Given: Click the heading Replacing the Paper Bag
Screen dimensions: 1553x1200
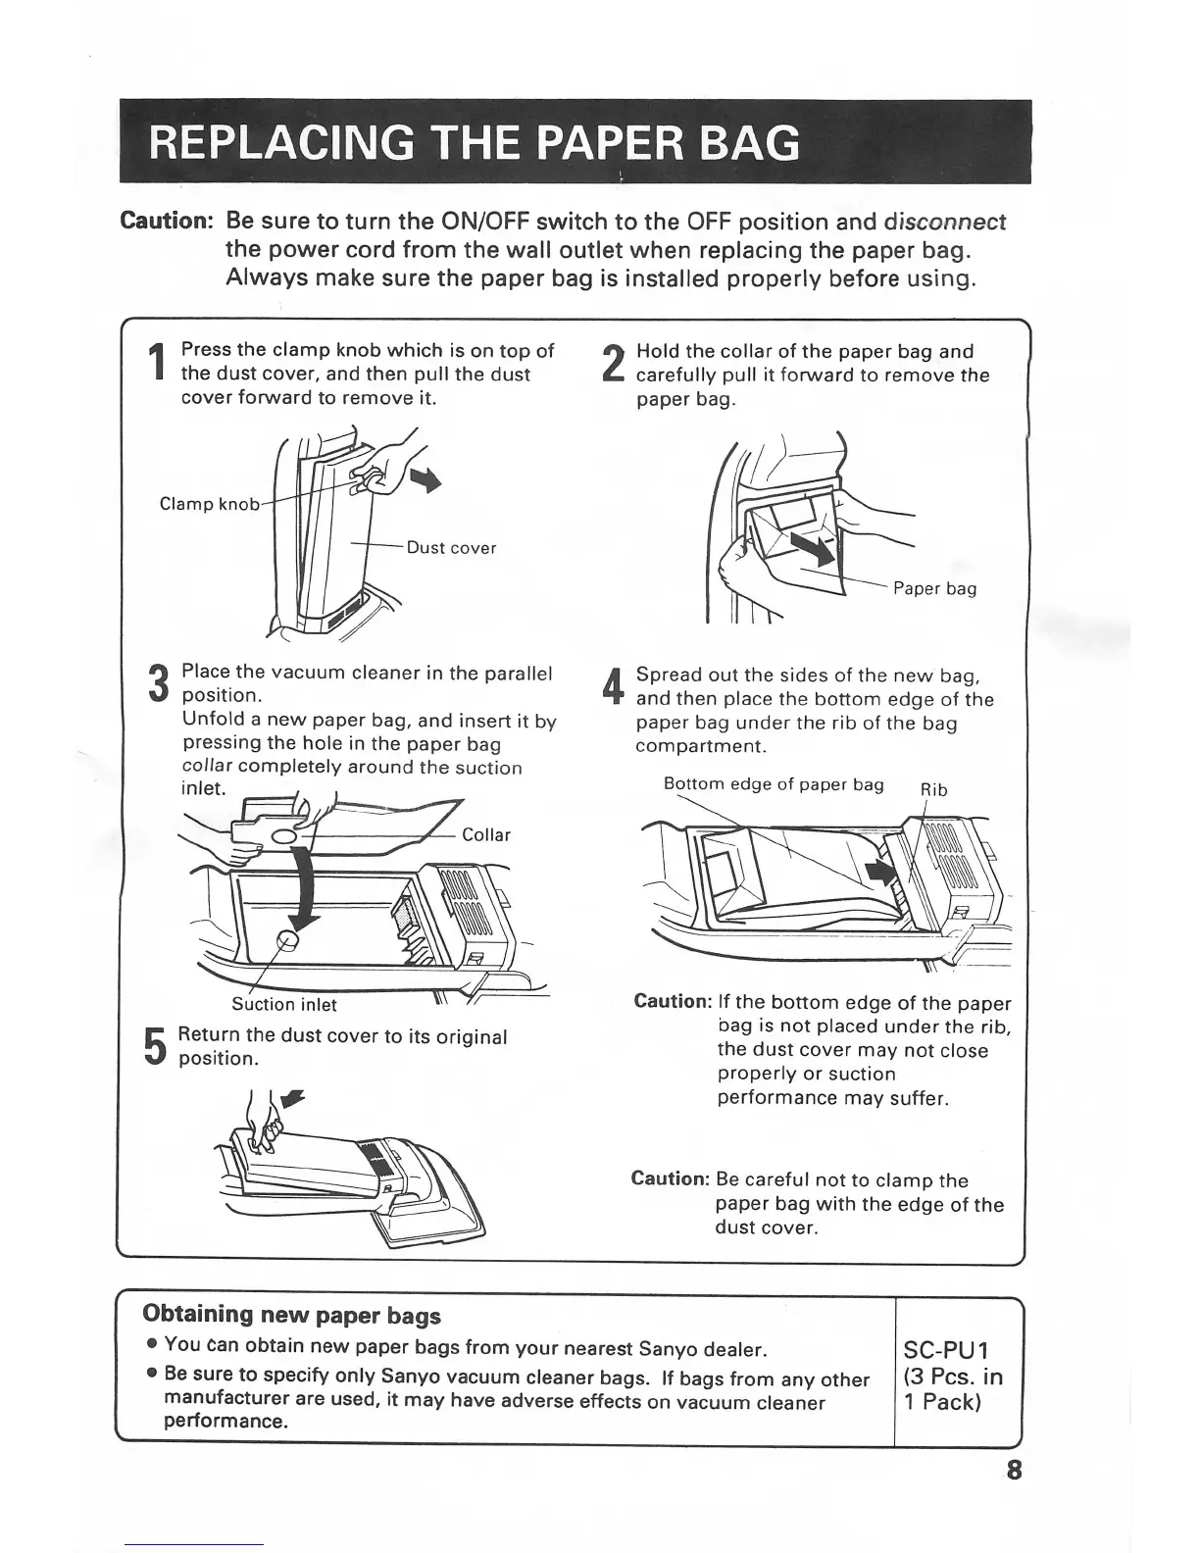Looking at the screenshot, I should pyautogui.click(x=475, y=143).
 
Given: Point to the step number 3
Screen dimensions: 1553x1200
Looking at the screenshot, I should pyautogui.click(x=158, y=684).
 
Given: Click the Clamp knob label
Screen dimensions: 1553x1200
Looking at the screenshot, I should pyautogui.click(x=209, y=504).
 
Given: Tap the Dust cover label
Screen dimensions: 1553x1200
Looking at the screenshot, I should pyautogui.click(x=451, y=548).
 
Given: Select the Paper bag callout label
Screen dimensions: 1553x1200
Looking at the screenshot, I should pyautogui.click(x=934, y=588).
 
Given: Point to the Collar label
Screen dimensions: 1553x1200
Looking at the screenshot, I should pyautogui.click(x=485, y=835).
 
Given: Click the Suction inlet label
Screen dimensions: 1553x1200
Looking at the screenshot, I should pyautogui.click(x=283, y=1004).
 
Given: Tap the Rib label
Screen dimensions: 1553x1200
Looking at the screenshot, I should pyautogui.click(x=932, y=790).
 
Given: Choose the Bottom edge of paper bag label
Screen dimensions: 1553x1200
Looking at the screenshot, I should pyautogui.click(x=774, y=784).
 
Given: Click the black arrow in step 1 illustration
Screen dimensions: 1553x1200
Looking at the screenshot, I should pyautogui.click(x=425, y=478).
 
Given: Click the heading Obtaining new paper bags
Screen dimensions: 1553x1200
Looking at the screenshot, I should pyautogui.click(x=292, y=1315).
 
